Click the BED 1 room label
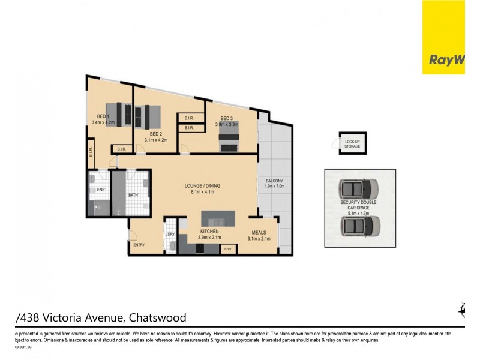[103, 116]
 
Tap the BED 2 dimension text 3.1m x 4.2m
[155, 140]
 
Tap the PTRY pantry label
[227, 248]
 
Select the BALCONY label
[274, 181]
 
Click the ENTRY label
[139, 244]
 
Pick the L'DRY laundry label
[170, 234]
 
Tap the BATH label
[133, 194]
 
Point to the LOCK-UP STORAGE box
[352, 143]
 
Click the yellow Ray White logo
[443, 37]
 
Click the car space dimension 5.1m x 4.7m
[358, 212]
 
